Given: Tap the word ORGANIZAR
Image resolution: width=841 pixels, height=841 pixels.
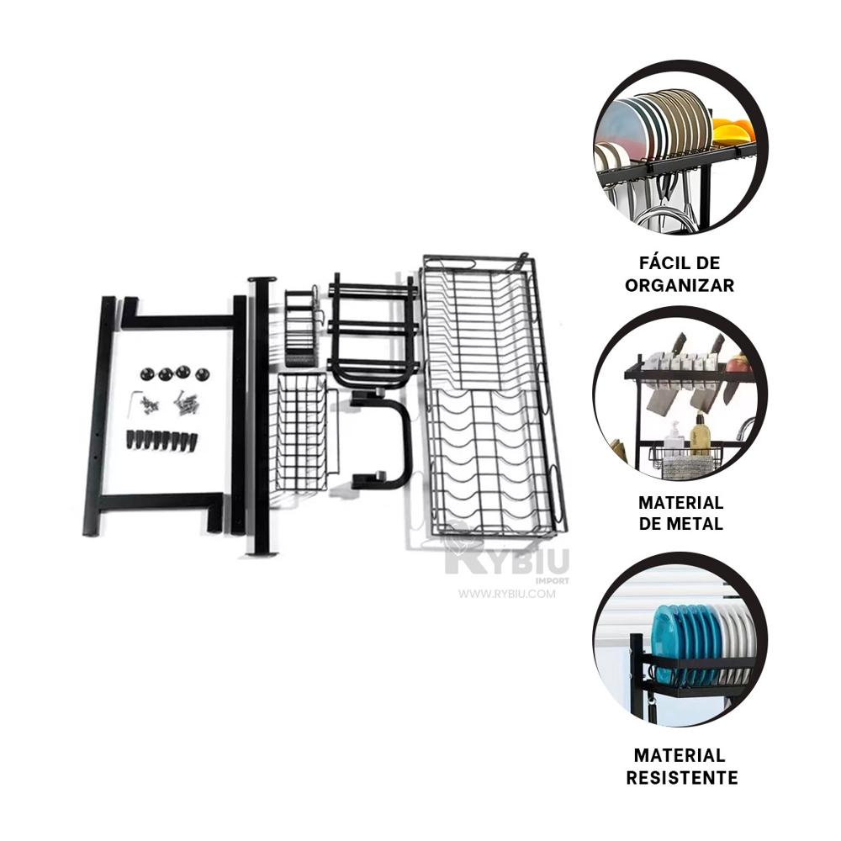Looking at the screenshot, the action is (x=680, y=285).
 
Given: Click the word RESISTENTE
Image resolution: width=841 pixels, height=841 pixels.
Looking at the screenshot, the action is (x=682, y=777).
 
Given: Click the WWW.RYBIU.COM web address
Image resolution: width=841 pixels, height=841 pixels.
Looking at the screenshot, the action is (x=507, y=594).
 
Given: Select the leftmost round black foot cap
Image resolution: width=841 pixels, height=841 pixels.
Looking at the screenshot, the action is (x=147, y=373).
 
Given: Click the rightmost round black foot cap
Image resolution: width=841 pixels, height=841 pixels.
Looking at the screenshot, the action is (x=202, y=374).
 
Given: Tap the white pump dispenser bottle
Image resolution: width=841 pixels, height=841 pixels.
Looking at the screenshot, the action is (x=674, y=437).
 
